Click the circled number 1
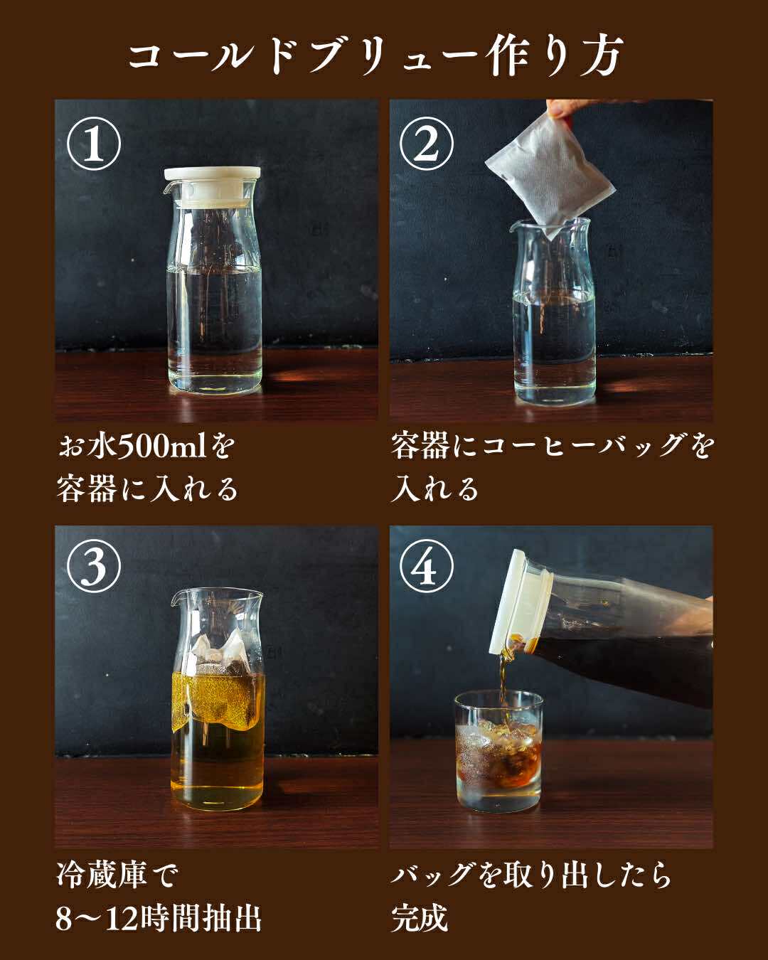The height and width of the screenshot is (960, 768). [94, 144]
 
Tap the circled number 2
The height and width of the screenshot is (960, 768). [426, 144]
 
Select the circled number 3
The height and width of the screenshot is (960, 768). [94, 566]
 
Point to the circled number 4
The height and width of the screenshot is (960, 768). [426, 566]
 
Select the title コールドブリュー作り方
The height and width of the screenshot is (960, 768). [375, 57]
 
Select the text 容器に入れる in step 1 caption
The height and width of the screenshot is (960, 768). [146, 489]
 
